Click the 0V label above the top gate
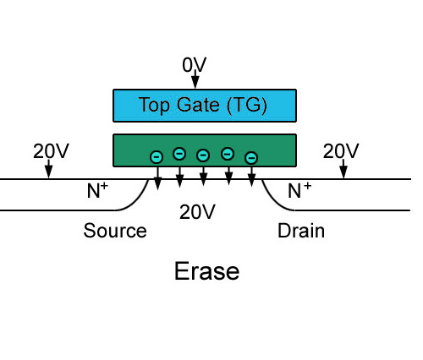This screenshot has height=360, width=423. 195,65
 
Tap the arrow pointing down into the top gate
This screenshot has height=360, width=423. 195,79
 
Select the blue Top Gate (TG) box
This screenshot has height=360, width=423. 205,106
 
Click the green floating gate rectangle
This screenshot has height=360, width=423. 205,150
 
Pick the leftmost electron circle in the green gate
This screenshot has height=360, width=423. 157,157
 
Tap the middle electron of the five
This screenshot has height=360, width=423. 203,155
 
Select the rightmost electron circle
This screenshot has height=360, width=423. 251,158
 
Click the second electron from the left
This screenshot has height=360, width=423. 179,154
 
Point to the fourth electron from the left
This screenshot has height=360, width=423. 228,154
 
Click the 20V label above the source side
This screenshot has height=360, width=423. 51,151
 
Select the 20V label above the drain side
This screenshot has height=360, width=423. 341,151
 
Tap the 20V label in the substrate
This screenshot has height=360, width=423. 197,212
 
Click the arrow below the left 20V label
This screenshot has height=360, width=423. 49,169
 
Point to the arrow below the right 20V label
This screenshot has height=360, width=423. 343,169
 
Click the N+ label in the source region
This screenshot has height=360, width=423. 97,190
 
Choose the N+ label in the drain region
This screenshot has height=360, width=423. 299,190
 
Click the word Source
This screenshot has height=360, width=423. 115,231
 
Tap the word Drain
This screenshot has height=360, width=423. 301,231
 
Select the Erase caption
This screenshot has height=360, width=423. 207,271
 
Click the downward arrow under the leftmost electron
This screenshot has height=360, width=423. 157,178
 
